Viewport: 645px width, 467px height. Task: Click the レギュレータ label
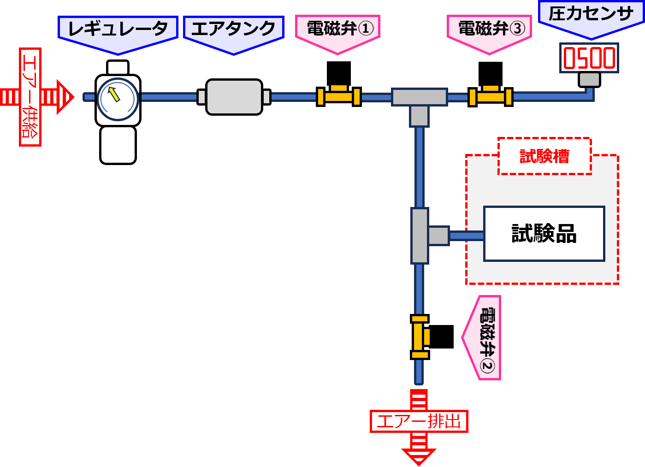pyautogui.click(x=118, y=30)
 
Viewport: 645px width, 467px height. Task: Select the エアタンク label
pyautogui.click(x=233, y=30)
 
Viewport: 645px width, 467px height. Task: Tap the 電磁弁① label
pyautogui.click(x=338, y=29)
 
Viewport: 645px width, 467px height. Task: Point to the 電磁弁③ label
pyautogui.click(x=490, y=29)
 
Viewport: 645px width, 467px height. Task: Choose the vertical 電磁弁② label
pyautogui.click(x=486, y=337)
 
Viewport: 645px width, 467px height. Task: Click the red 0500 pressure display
pyautogui.click(x=589, y=58)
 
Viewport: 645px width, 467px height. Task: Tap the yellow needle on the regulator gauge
pyautogui.click(x=114, y=95)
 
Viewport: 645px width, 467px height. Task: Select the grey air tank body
pyautogui.click(x=234, y=97)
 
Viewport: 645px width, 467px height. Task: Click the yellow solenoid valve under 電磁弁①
pyautogui.click(x=339, y=95)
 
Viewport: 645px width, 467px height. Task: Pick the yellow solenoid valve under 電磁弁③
pyautogui.click(x=491, y=95)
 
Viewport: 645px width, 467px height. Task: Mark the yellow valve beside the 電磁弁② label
pyautogui.click(x=420, y=337)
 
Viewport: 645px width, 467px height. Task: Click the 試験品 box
pyautogui.click(x=544, y=234)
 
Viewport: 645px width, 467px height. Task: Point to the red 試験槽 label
pyautogui.click(x=544, y=156)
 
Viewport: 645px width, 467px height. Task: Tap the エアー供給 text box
pyautogui.click(x=30, y=97)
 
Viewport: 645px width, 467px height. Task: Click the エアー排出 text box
pyautogui.click(x=419, y=421)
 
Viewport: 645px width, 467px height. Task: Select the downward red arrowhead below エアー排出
pyautogui.click(x=419, y=456)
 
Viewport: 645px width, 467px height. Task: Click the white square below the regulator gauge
pyautogui.click(x=118, y=145)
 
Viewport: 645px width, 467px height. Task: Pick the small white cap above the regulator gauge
pyautogui.click(x=118, y=67)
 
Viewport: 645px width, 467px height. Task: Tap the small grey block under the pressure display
pyautogui.click(x=589, y=79)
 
